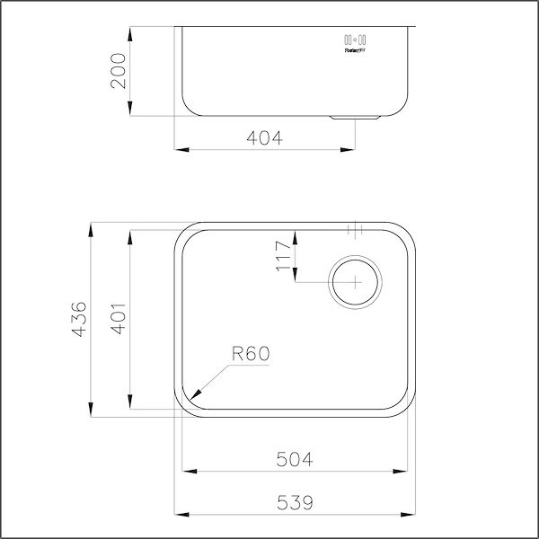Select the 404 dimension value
265,138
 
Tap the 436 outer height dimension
79,319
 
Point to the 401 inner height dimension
117,319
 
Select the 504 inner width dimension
295,460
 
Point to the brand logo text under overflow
356,51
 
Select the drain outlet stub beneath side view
358,117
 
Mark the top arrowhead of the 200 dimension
132,30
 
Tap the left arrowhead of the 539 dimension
176,513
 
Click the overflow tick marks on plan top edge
356,229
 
